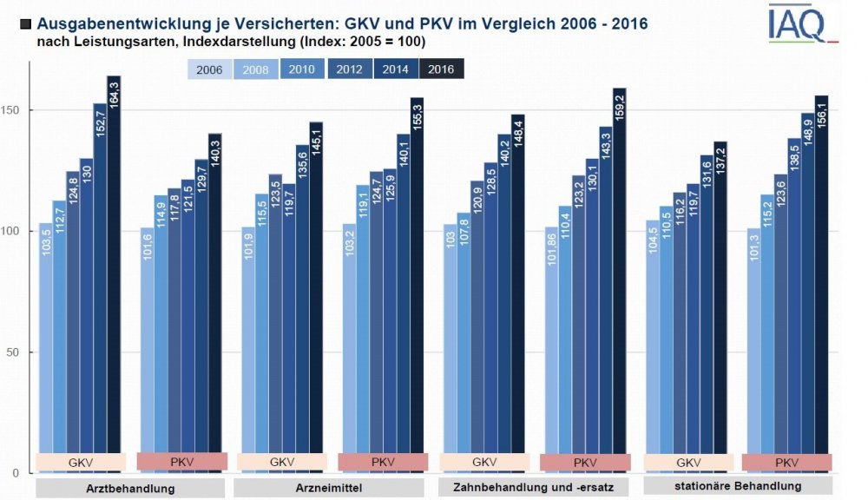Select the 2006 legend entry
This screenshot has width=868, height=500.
(x=211, y=69)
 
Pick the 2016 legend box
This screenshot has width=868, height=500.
(x=441, y=69)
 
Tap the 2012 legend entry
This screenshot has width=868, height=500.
(x=349, y=69)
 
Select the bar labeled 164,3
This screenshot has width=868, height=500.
(x=114, y=278)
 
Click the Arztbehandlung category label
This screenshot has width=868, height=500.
(x=131, y=488)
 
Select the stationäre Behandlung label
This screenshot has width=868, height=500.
(x=739, y=485)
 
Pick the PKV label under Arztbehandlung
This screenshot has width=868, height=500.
(x=181, y=462)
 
